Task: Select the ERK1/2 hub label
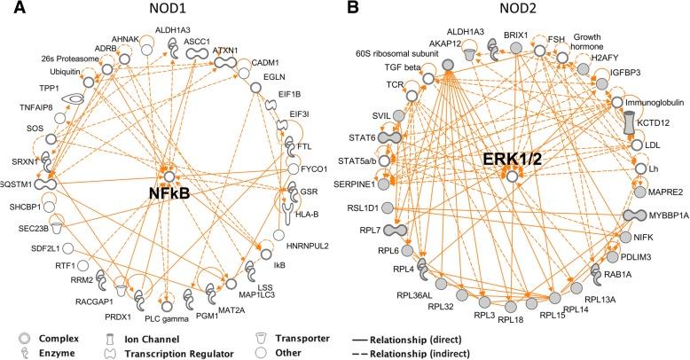click(512, 160)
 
